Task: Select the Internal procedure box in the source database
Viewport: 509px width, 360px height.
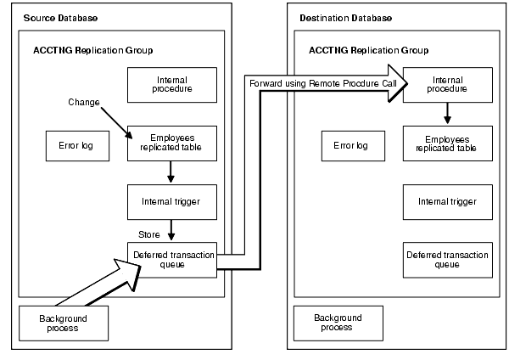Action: coord(172,83)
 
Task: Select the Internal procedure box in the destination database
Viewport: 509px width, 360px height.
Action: coord(447,83)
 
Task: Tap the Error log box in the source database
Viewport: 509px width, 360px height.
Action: coord(76,145)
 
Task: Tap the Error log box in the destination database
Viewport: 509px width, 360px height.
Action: coord(352,145)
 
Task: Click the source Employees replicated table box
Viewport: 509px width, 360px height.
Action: coord(172,143)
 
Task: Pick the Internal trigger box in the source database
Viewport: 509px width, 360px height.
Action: coord(172,201)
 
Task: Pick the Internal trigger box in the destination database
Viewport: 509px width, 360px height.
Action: coord(447,201)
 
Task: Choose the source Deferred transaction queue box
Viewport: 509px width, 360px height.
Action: coord(172,259)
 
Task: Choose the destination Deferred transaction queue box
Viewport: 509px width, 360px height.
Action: coord(447,259)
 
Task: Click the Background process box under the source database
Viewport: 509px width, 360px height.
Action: coord(64,323)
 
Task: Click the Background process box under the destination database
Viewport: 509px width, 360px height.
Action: coord(339,323)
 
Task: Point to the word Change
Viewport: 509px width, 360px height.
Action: coord(84,103)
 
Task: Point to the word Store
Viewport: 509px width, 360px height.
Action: coord(148,233)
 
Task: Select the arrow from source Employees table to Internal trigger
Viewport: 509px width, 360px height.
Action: coord(172,172)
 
